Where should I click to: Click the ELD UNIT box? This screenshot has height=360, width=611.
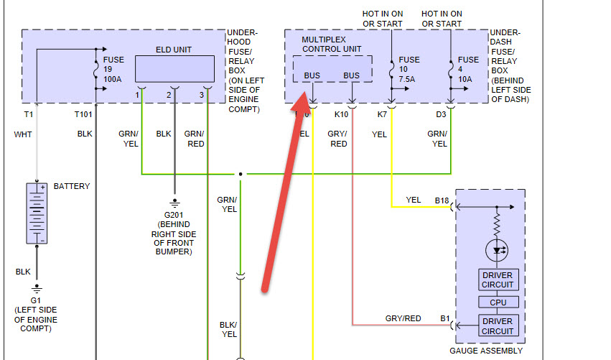point(174,68)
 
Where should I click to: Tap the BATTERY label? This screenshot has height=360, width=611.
point(72,186)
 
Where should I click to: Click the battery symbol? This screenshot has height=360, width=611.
point(36,213)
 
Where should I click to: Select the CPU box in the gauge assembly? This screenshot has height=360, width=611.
point(498,303)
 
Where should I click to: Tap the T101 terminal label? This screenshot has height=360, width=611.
point(84,114)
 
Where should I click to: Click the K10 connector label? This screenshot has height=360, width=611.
point(341,114)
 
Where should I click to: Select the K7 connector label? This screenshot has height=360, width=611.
point(382,114)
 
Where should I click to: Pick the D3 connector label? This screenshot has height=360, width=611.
point(441,114)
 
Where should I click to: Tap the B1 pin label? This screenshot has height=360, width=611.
point(444,317)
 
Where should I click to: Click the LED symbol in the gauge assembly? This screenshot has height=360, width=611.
point(497,251)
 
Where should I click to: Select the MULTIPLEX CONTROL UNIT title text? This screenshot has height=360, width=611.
point(331,44)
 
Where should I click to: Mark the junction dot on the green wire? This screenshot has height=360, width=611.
point(241,174)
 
